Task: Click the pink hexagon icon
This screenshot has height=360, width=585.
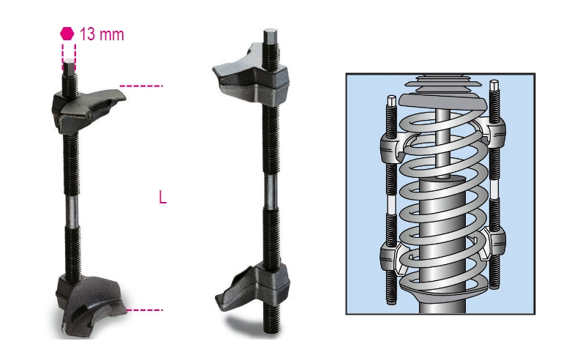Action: (x=67, y=33)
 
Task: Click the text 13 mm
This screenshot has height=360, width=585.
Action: (x=102, y=34)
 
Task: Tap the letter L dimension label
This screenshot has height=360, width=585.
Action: (x=162, y=198)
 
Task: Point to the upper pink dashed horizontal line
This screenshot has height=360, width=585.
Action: (x=141, y=86)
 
